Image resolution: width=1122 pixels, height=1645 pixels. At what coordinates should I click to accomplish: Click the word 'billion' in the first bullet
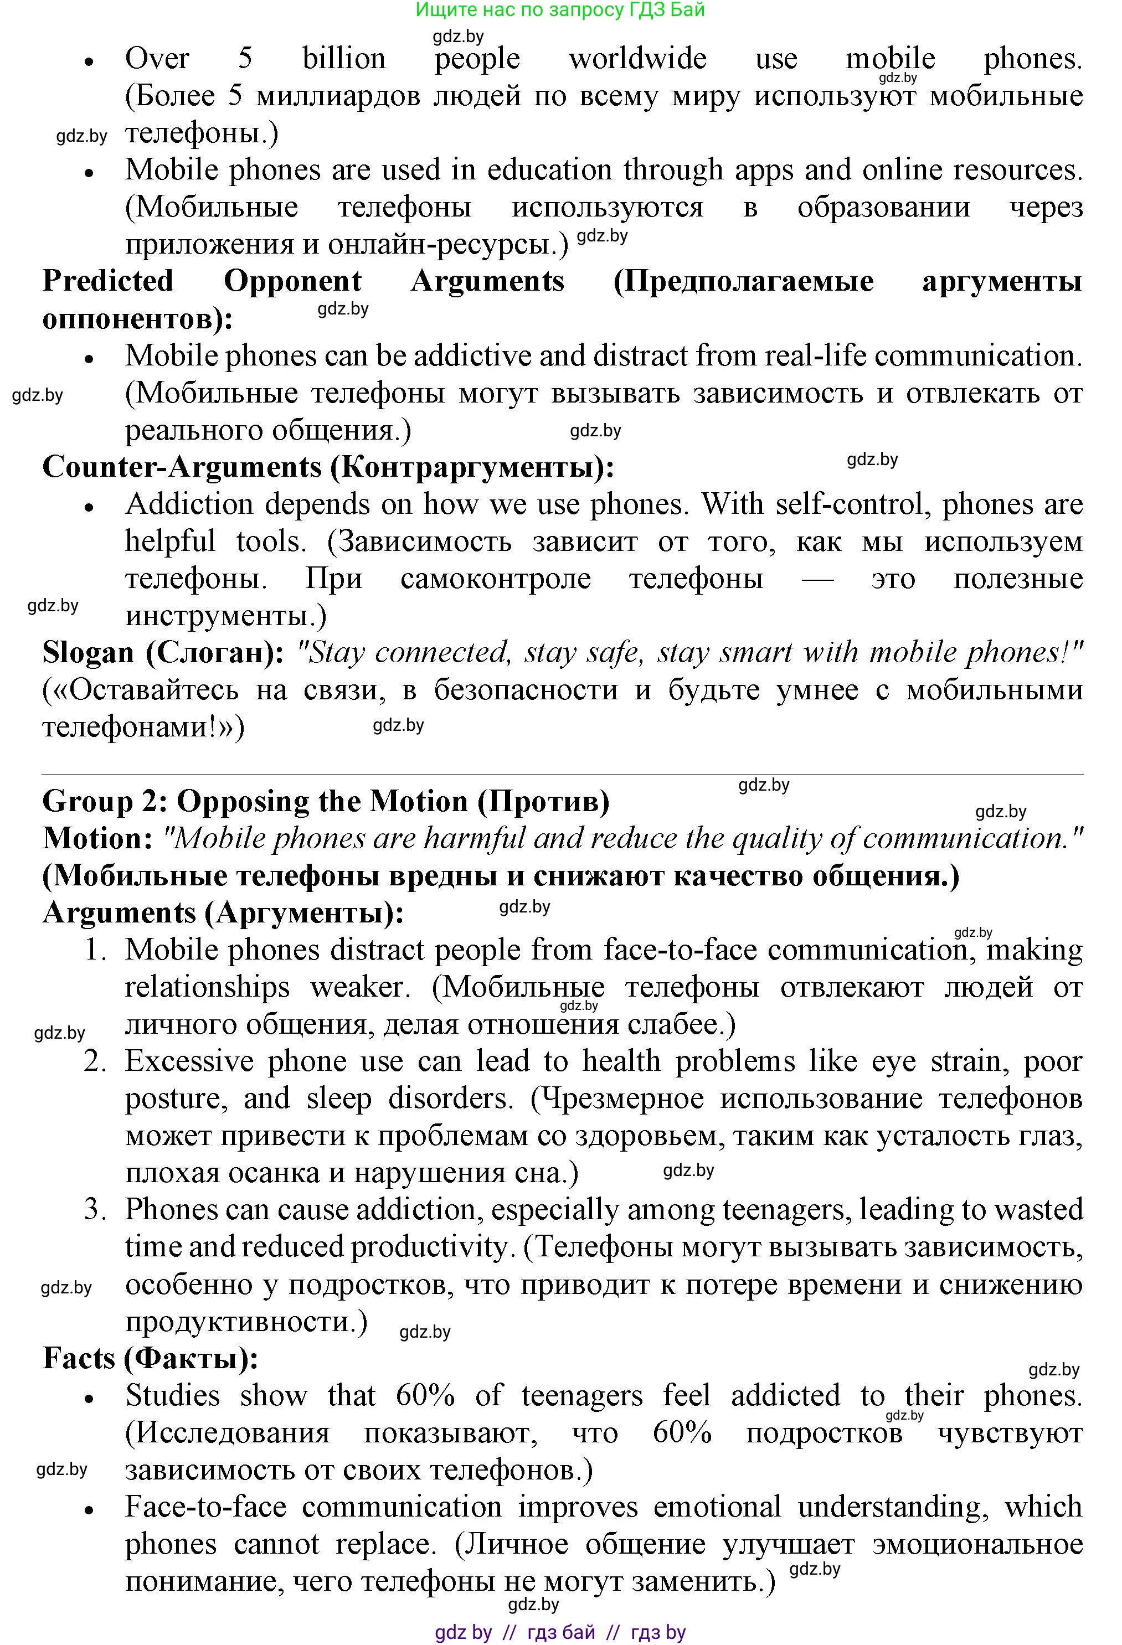coord(344,58)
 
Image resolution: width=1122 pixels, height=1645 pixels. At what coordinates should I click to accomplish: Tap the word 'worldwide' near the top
coord(637,58)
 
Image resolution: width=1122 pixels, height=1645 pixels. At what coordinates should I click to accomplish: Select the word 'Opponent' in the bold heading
coord(292,281)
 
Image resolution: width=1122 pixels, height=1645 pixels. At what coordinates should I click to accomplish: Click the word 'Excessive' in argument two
coord(189,1061)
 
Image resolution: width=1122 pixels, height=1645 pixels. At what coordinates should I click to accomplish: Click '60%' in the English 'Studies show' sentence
coord(425,1396)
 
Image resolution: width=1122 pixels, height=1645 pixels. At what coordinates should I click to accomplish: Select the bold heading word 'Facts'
coord(79,1358)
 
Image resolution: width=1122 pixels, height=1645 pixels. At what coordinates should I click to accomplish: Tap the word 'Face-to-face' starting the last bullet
coord(206,1507)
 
